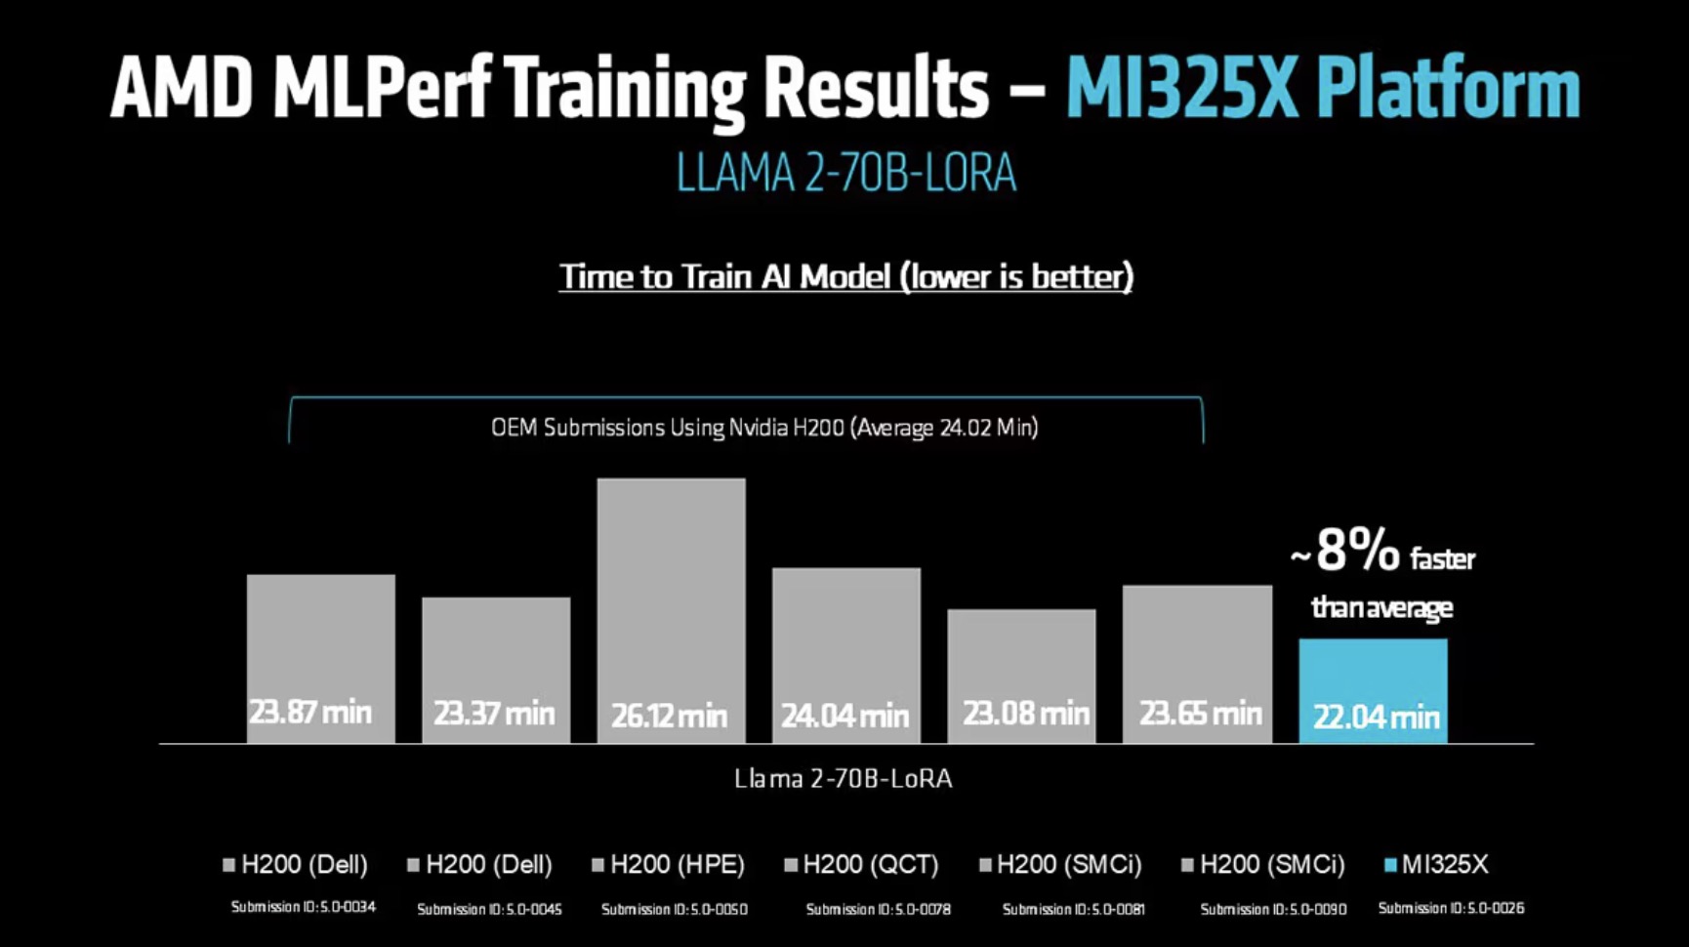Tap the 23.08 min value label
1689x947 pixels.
click(1025, 714)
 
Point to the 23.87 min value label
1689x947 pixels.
click(310, 712)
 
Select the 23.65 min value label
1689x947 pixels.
click(1200, 714)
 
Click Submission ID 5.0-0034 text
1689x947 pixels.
click(304, 907)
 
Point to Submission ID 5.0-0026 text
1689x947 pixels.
click(1451, 908)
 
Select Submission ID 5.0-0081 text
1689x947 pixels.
click(1073, 909)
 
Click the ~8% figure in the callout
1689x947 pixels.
click(1347, 552)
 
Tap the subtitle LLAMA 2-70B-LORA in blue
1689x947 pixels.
click(845, 174)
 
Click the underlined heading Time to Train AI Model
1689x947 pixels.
click(845, 277)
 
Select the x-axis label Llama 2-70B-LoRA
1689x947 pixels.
click(843, 779)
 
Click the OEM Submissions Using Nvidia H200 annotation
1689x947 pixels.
click(764, 428)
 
